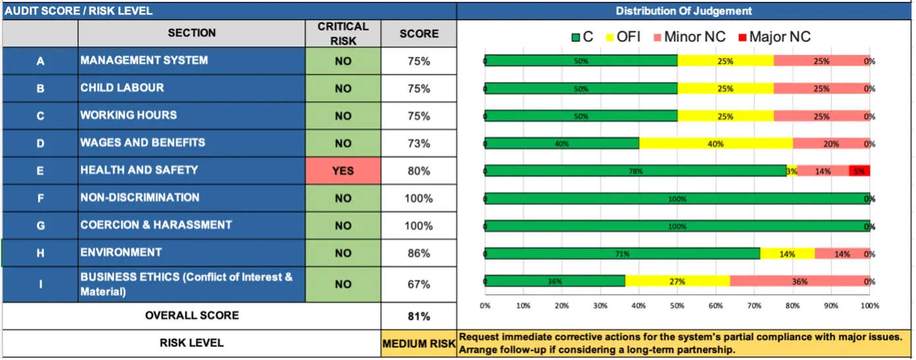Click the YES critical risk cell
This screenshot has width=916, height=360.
[343, 171]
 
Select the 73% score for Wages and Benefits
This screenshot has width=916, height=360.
[418, 144]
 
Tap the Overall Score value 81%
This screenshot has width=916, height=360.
[418, 316]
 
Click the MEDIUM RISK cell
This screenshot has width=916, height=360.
[418, 344]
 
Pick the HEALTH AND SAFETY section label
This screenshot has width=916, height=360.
[139, 170]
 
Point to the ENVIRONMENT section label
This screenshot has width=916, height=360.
[121, 253]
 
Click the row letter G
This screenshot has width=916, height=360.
[40, 225]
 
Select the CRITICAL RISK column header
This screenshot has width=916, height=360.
[343, 34]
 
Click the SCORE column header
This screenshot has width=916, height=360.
[418, 34]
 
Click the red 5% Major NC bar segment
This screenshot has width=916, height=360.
[859, 171]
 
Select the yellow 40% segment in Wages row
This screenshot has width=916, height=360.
[716, 143]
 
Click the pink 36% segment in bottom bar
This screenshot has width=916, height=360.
[799, 281]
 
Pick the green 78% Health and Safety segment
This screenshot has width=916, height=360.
[635, 171]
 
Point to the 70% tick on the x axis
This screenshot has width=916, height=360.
[755, 306]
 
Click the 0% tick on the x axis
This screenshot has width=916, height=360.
[485, 306]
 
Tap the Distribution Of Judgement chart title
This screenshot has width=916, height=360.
[683, 11]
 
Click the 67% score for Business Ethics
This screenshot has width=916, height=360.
[418, 284]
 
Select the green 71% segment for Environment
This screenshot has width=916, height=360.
[622, 253]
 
